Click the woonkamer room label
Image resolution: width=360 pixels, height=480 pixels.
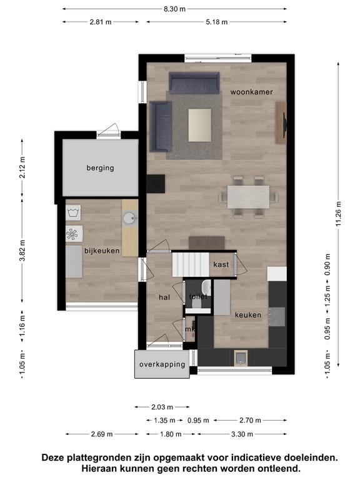tap(251, 92)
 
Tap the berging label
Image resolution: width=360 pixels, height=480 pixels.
tap(100, 167)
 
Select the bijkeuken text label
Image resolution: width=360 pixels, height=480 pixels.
tap(102, 251)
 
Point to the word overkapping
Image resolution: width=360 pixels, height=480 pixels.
tap(162, 364)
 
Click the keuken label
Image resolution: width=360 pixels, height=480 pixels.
tap(248, 315)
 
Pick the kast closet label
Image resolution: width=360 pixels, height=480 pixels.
tap(221, 264)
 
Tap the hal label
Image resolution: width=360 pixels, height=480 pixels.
tap(164, 297)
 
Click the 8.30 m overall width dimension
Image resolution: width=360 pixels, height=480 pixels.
tap(174, 9)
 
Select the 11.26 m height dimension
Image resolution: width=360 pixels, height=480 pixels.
tap(338, 214)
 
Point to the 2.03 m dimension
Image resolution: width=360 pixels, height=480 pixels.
tap(162, 407)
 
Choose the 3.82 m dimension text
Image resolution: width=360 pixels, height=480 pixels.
tap(22, 251)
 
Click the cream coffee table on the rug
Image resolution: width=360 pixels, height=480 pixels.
tap(199, 125)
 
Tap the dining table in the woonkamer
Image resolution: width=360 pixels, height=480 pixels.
tap(248, 197)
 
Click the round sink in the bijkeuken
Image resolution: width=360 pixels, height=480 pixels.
tap(129, 219)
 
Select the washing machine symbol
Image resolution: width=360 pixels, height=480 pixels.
tap(73, 212)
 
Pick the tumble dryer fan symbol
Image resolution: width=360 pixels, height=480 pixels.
tap(73, 234)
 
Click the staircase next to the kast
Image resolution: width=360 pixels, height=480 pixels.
tap(191, 264)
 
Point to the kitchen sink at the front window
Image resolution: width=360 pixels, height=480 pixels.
tap(241, 357)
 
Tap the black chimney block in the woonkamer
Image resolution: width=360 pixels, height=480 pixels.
tap(156, 184)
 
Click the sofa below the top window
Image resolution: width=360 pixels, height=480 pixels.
tap(194, 82)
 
